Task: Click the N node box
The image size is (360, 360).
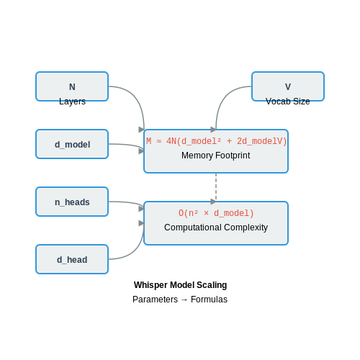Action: [72, 86]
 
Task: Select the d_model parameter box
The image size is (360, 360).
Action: [72, 144]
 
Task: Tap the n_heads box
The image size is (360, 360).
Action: [72, 202]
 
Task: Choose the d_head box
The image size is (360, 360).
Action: [72, 259]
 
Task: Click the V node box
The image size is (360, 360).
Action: [288, 86]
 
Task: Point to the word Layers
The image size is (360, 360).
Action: [72, 102]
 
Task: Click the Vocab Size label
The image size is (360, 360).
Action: [288, 102]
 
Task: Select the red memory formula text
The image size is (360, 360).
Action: [216, 141]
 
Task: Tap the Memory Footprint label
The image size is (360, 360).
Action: [215, 156]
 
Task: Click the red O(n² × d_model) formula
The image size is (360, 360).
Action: [216, 213]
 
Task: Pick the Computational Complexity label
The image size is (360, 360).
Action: [216, 228]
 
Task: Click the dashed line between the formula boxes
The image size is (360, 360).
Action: [216, 187]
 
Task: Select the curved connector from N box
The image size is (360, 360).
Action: [136, 99]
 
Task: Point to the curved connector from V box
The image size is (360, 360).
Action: [225, 98]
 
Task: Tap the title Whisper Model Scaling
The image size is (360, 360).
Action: [180, 285]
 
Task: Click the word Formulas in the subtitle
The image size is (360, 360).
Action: [209, 300]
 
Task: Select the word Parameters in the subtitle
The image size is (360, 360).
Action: [156, 300]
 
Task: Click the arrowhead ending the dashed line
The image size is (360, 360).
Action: [214, 202]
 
